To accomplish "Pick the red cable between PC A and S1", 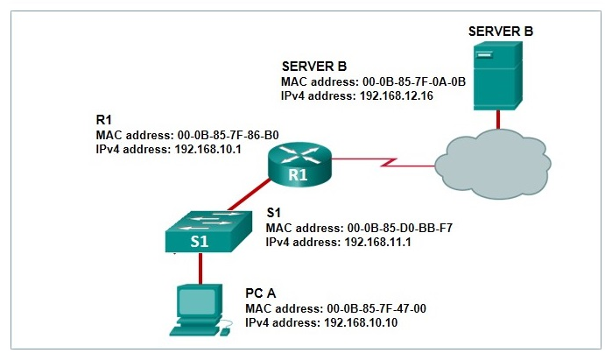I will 200,268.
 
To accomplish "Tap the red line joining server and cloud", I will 498,118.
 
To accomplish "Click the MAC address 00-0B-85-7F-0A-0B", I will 407,81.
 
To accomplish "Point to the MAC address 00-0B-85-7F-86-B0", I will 220,135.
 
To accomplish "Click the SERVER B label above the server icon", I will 501,32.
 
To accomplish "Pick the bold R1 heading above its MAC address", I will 103,120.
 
